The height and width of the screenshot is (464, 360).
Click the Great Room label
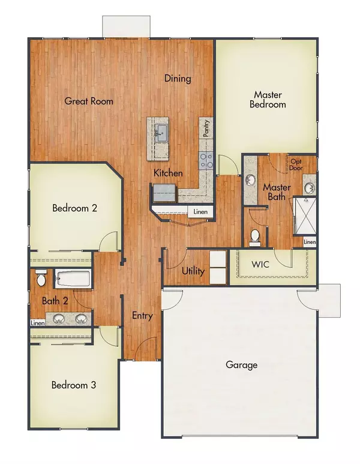point(89,101)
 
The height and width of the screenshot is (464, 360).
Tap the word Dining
point(178,79)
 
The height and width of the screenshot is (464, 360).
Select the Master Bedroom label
point(269,99)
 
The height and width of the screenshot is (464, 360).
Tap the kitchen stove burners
point(206,159)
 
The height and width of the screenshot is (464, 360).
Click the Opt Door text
point(297,164)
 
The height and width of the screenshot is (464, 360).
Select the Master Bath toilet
point(255,237)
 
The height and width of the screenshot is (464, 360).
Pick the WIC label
point(260,264)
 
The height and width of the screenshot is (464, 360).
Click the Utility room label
point(193,271)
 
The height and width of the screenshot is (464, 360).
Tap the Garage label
point(241,364)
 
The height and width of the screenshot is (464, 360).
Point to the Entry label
point(142,316)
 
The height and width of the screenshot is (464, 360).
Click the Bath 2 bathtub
point(72,279)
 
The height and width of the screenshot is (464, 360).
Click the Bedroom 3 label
point(73,385)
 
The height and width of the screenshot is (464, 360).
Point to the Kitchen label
point(168,173)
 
